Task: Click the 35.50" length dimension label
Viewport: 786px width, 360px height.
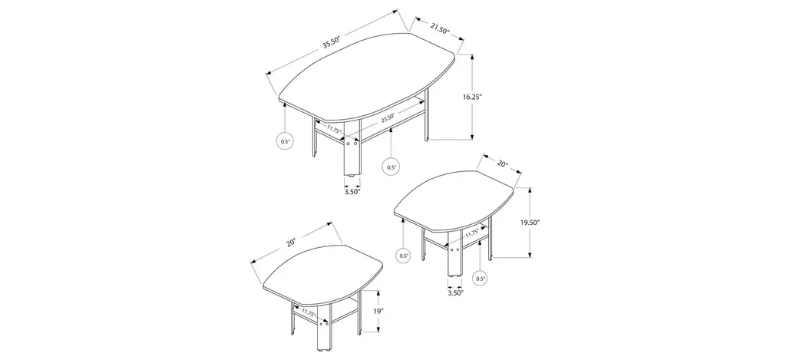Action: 332,41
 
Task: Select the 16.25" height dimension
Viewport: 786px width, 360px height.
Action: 472,97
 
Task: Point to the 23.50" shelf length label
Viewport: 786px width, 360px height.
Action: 387,118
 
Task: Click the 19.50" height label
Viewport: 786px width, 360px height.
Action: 530,222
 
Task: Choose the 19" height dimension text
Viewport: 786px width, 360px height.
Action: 378,312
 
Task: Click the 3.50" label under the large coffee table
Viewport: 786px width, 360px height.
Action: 352,191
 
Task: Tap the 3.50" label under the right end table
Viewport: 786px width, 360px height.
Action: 455,292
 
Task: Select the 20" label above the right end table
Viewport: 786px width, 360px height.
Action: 503,164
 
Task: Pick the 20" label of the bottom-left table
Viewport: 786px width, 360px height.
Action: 291,243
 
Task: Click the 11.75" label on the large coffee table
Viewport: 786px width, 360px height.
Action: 334,130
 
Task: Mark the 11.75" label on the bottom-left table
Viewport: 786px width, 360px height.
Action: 308,313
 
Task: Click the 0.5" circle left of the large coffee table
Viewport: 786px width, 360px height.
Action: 285,141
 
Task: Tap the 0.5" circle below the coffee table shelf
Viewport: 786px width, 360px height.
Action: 391,167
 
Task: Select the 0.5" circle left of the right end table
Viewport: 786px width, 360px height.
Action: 404,256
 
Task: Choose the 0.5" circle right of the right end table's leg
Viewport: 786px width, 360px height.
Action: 480,279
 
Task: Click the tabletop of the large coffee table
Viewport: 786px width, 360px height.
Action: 367,73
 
